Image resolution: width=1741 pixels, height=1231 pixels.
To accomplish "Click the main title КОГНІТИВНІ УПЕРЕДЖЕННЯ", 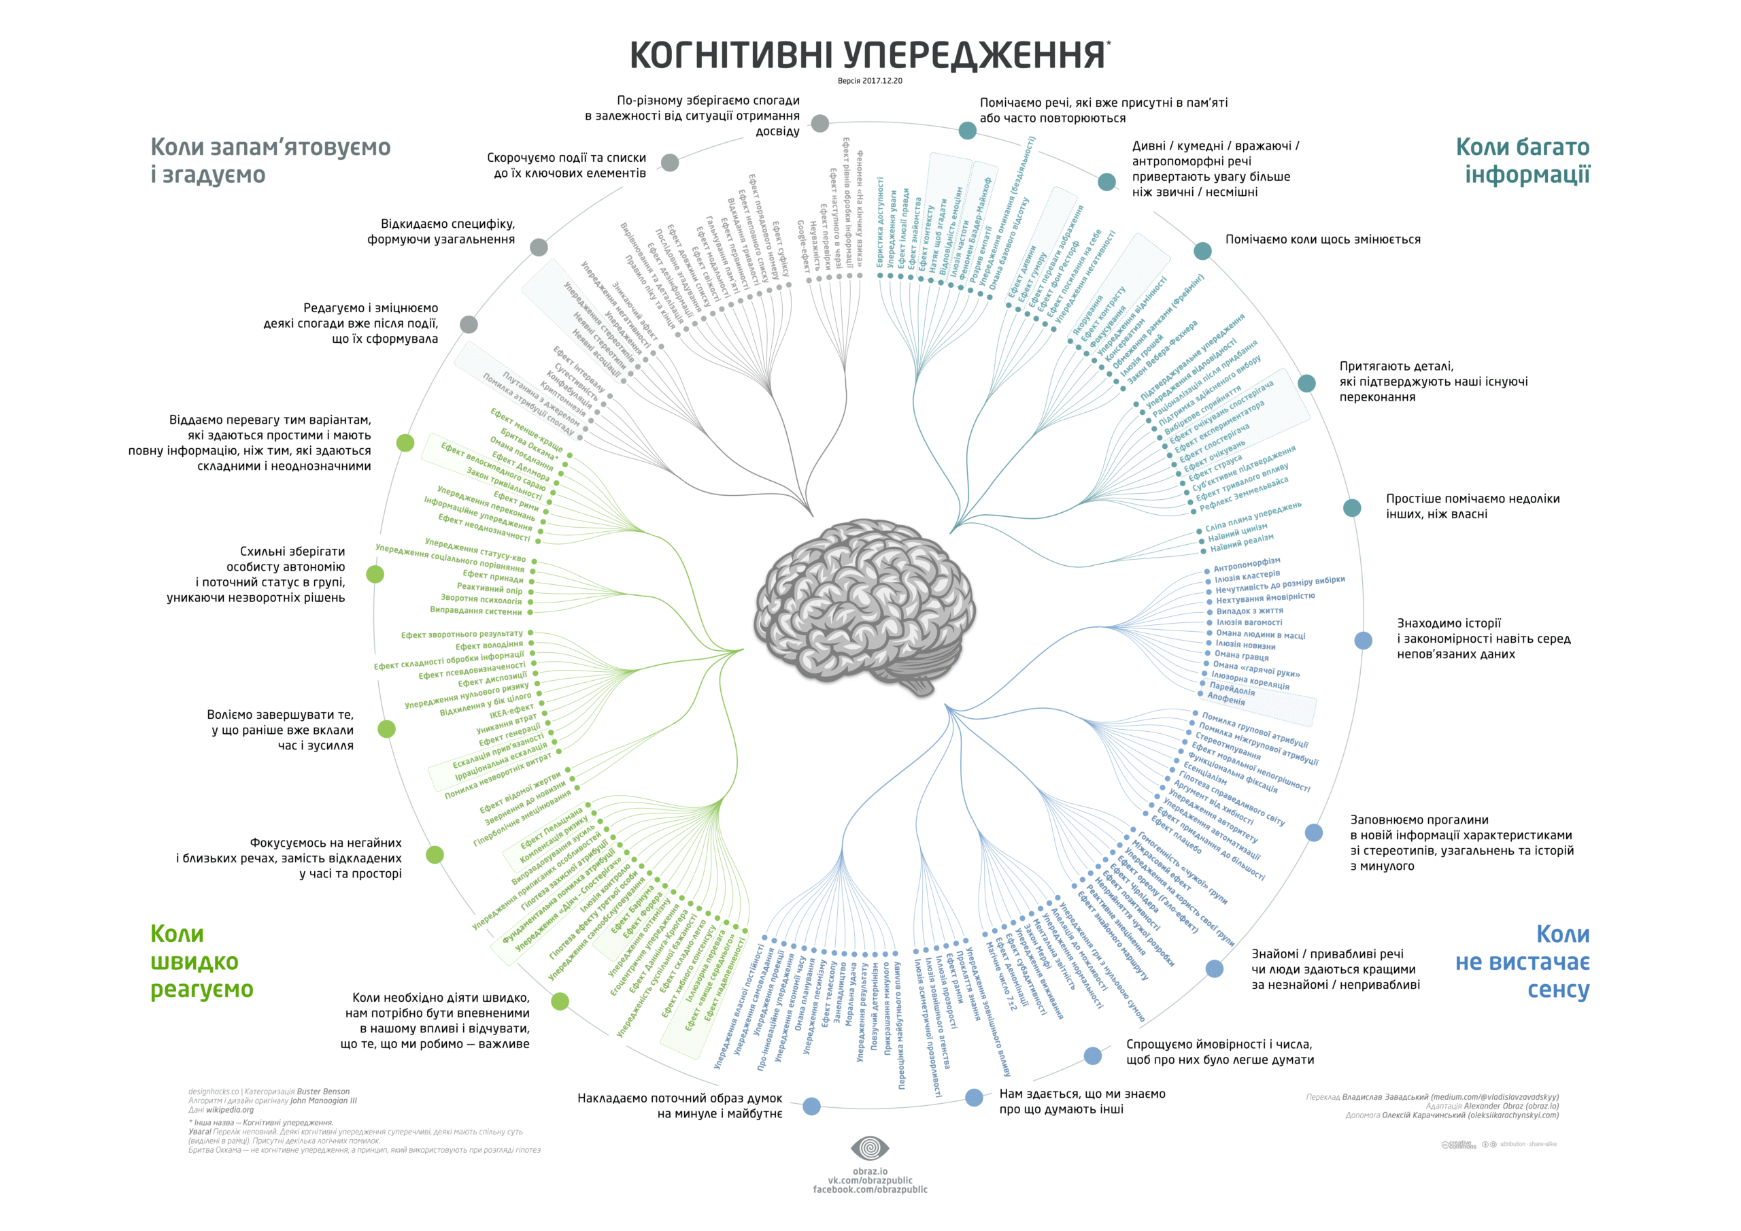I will click(869, 54).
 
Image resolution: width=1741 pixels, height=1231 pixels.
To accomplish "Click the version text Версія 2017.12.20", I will click(870, 80).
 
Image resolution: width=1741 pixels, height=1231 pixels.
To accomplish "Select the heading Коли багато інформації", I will click(1522, 160).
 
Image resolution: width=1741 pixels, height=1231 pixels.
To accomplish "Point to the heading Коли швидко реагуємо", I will click(201, 961).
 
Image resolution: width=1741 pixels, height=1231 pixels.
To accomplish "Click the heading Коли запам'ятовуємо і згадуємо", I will click(270, 160).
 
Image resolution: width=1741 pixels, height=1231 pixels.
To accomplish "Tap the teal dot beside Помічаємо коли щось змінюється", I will click(1202, 251).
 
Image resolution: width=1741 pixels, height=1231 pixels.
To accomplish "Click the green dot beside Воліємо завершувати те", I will click(387, 729).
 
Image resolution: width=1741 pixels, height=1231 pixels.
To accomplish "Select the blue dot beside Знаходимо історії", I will click(1364, 640).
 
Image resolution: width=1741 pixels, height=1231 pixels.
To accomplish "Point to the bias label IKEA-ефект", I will click(512, 711).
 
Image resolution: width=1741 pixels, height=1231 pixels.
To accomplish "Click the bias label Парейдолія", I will click(1232, 689).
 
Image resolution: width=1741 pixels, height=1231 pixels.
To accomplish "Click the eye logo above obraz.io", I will click(870, 1148).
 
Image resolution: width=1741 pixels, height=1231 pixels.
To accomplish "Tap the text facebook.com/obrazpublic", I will click(870, 1190).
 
